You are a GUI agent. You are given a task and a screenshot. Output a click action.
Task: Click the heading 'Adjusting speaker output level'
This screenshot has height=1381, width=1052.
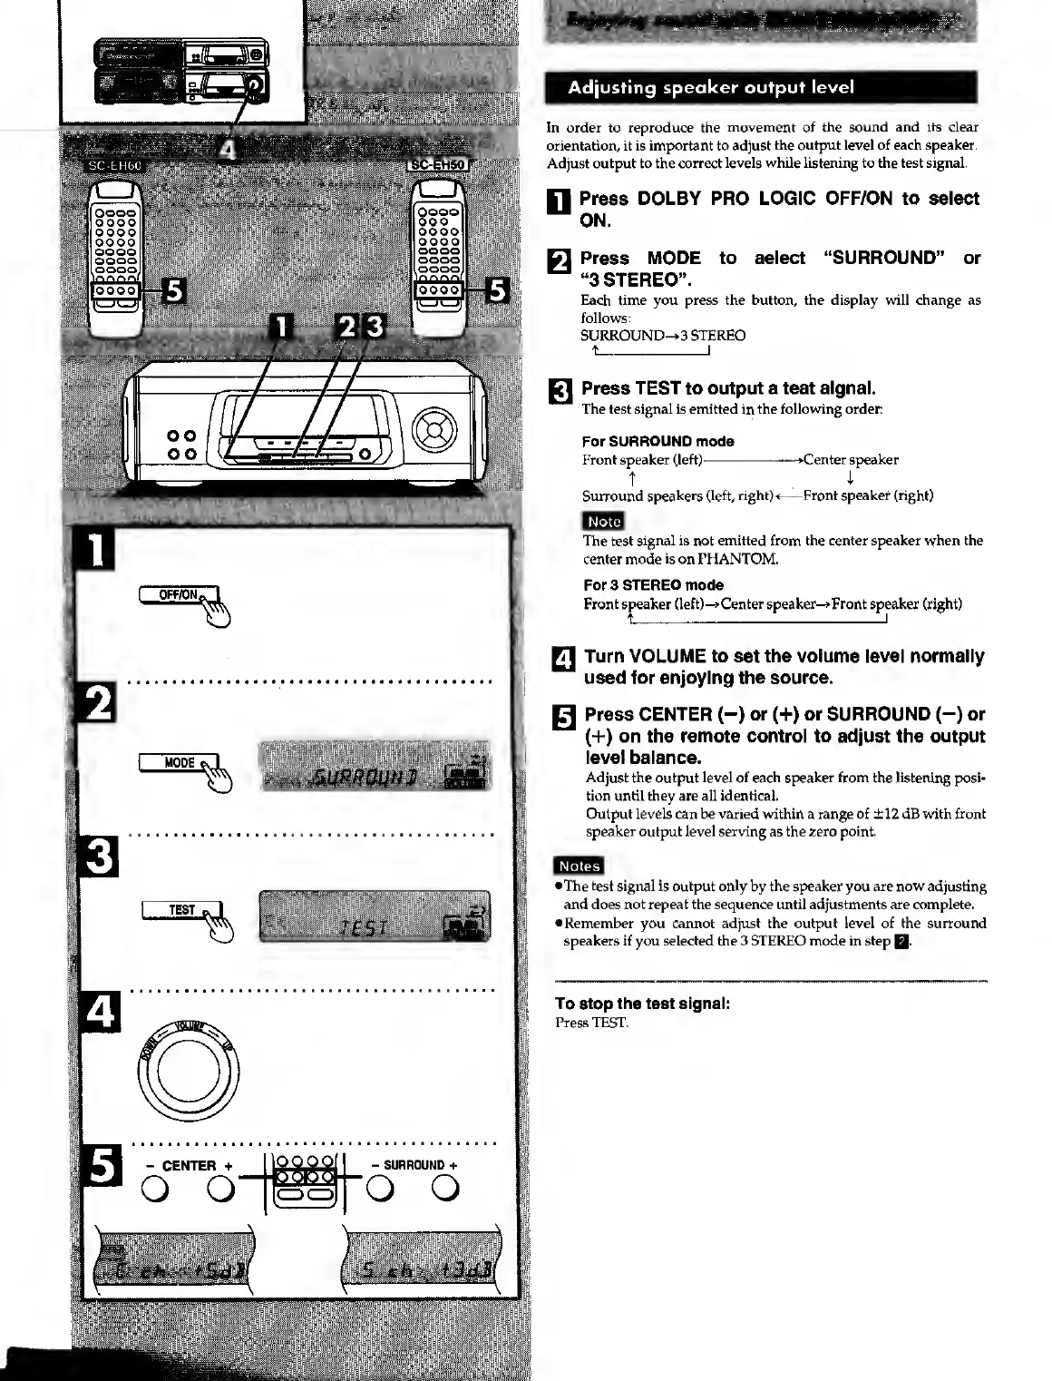click(x=711, y=88)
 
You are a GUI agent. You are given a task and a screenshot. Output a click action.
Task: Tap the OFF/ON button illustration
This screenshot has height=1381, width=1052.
click(x=180, y=595)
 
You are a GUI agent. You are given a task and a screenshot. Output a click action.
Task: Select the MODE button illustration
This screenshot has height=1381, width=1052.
click(x=180, y=763)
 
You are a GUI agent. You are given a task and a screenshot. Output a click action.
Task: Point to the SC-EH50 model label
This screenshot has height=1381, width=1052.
click(x=436, y=164)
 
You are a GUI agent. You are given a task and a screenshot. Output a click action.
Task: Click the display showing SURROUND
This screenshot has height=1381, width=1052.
click(x=375, y=767)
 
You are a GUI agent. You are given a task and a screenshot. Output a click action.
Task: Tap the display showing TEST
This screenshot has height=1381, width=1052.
click(x=375, y=916)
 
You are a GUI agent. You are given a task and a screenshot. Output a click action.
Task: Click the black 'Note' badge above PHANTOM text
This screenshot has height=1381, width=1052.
click(x=604, y=521)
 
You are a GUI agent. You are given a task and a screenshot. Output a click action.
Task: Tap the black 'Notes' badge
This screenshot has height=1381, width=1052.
click(x=579, y=866)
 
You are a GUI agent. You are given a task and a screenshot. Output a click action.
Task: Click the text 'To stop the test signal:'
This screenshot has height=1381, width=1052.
click(x=642, y=1004)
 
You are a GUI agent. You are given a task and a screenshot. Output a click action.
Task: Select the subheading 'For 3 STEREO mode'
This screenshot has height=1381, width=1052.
click(x=653, y=585)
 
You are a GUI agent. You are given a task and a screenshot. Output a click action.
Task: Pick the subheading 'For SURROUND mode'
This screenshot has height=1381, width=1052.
click(x=657, y=442)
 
